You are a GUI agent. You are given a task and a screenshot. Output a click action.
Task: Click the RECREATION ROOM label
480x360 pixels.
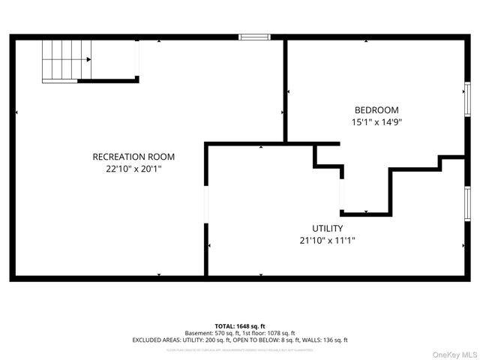133,157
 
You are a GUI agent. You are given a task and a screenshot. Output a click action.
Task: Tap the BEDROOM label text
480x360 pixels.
376,109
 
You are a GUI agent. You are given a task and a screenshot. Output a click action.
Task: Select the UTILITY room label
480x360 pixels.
328,229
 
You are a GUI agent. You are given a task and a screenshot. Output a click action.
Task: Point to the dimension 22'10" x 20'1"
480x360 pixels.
133,169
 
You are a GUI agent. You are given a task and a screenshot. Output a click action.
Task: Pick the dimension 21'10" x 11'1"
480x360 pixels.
328,241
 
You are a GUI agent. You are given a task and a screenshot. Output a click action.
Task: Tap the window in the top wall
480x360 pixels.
254,36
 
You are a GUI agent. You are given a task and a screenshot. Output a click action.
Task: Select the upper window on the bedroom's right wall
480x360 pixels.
466,98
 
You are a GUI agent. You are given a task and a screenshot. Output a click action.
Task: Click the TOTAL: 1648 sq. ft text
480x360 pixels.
240,326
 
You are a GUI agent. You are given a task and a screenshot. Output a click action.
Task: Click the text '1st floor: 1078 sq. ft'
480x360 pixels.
268,333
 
